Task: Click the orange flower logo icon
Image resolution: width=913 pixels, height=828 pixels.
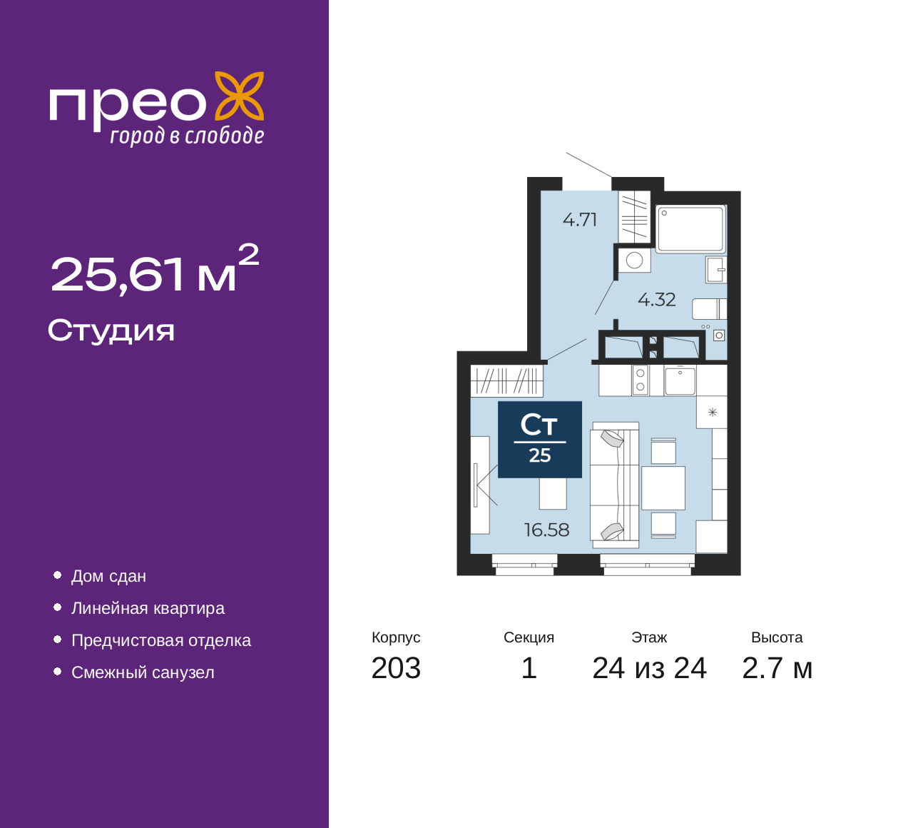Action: (x=239, y=96)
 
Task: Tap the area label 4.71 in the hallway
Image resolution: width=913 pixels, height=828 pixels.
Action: (x=579, y=220)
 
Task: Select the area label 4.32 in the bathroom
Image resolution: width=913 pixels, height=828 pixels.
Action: (x=656, y=300)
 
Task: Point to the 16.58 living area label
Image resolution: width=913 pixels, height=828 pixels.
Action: (x=546, y=530)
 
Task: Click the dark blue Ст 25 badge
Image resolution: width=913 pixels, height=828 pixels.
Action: (x=540, y=440)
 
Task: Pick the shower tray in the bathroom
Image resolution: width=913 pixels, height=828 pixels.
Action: (x=690, y=229)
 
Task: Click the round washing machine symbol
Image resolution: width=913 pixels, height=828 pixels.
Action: (x=634, y=261)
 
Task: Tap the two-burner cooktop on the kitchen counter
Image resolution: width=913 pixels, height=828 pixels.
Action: (x=641, y=380)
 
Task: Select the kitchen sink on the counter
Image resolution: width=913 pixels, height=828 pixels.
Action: (x=680, y=380)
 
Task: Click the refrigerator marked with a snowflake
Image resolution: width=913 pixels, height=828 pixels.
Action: (x=712, y=412)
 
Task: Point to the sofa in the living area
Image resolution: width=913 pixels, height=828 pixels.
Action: (x=614, y=485)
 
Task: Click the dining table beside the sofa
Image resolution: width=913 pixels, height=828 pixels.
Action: (x=663, y=488)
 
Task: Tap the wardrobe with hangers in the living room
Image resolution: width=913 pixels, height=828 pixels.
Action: (x=506, y=380)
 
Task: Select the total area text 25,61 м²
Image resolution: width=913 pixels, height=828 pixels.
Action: (x=154, y=269)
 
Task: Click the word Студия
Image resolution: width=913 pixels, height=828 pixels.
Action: (x=111, y=331)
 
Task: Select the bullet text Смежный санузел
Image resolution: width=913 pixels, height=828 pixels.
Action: (x=143, y=672)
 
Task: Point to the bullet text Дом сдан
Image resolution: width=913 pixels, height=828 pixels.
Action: (x=109, y=577)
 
